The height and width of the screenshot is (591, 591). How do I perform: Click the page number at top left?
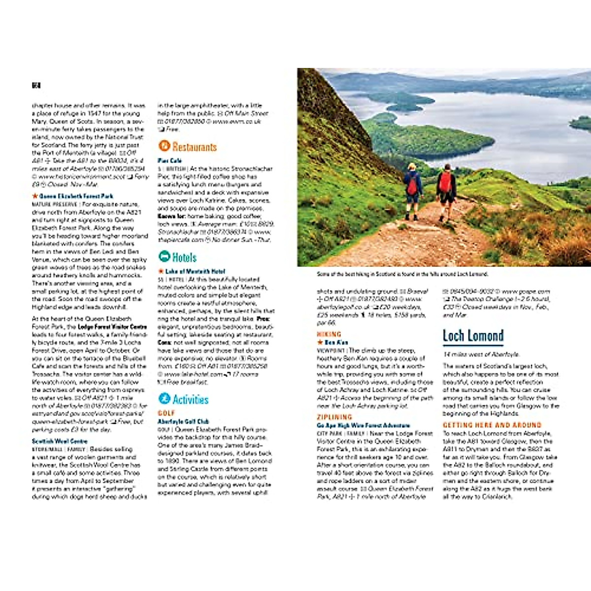point(36,86)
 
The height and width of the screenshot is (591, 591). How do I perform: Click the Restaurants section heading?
point(194,147)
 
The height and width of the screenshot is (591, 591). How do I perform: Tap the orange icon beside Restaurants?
point(164,146)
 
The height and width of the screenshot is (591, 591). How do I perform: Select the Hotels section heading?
point(184,257)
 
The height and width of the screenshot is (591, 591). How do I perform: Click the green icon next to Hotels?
point(164,257)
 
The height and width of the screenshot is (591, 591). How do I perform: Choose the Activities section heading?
point(190,399)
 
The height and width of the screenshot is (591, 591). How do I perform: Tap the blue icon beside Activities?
point(164,398)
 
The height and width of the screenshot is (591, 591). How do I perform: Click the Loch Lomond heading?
point(473,336)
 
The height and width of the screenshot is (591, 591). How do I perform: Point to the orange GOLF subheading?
point(166,413)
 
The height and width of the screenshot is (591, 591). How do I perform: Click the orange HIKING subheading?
point(328,334)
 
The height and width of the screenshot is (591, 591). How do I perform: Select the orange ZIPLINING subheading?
point(334,417)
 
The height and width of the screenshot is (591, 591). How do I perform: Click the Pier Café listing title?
point(169,161)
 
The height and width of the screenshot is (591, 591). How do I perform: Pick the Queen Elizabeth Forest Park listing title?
point(76,196)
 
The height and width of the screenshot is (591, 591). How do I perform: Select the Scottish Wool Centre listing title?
point(60,441)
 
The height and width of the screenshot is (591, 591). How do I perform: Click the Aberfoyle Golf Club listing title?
point(183,422)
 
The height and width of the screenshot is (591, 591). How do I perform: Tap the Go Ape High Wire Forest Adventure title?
point(363,425)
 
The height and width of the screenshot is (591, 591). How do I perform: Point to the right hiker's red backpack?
point(445,182)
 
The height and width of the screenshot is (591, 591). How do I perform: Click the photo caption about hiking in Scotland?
point(402,274)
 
